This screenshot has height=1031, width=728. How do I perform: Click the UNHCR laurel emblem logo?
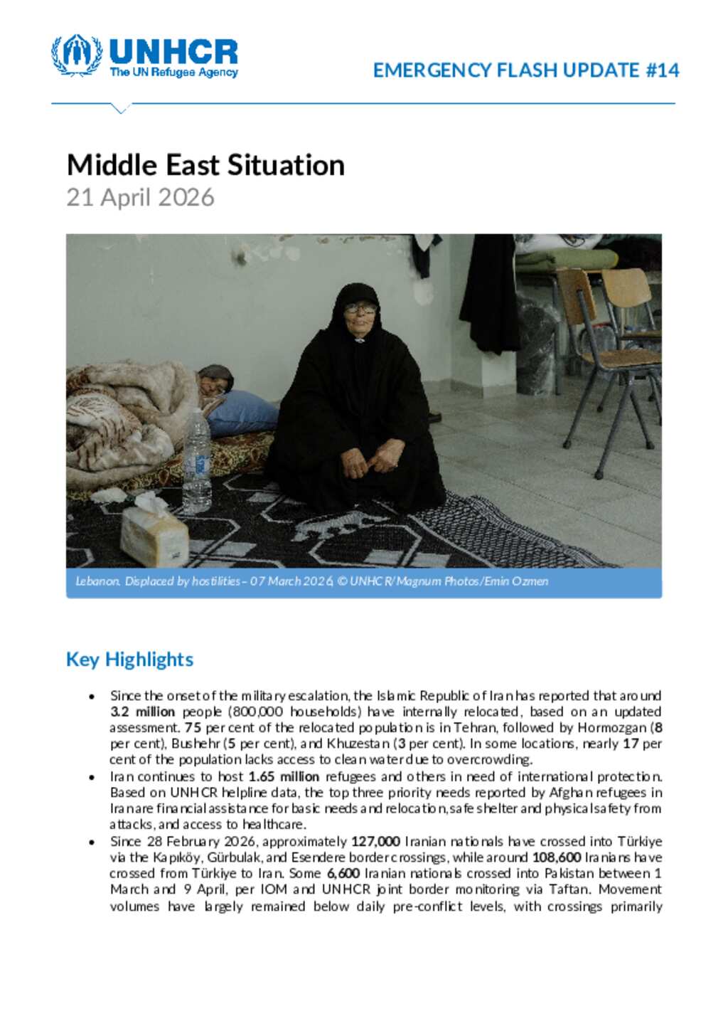pos(77,55)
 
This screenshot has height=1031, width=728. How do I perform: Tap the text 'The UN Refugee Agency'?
pos(173,73)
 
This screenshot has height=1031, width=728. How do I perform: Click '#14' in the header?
pos(663,70)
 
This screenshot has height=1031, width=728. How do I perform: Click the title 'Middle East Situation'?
pos(205,165)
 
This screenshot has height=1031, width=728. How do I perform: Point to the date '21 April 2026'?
pos(140,197)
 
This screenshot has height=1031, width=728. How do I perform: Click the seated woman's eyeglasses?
pos(360,308)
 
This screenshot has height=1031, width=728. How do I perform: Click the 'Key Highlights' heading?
pos(129,660)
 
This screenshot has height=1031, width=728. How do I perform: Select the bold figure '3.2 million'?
pos(142,712)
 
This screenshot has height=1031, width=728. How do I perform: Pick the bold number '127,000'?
pos(375,841)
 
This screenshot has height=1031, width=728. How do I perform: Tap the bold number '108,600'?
pos(556,857)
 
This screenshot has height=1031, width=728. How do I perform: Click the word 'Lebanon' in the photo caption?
pos(97,581)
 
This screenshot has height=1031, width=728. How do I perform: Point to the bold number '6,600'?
pos(343,873)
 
